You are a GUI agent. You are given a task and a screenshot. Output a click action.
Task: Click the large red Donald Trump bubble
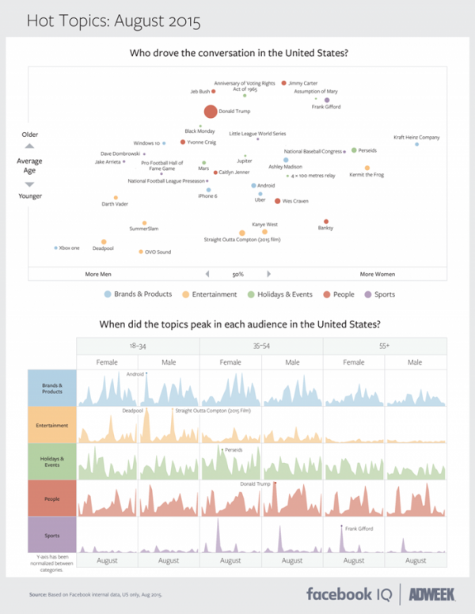210,112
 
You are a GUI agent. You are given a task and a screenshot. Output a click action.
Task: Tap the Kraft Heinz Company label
416,137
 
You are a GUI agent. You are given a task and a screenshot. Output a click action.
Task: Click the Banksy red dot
326,222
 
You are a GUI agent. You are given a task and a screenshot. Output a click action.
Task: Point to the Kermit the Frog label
367,175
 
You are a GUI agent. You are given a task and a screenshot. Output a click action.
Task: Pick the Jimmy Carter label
303,82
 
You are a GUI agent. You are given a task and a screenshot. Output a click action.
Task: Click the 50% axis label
237,274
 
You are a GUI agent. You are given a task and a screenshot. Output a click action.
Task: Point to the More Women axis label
378,274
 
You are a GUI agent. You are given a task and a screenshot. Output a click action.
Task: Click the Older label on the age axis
29,135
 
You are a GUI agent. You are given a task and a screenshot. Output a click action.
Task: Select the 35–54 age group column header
261,346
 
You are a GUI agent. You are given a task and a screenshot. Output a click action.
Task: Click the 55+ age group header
385,346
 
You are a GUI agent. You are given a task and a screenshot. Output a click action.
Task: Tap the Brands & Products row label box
51,388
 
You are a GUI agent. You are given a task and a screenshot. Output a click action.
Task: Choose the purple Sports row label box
51,536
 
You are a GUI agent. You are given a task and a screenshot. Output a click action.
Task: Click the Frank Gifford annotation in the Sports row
360,528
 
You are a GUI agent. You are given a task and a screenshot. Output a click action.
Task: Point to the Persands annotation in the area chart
234,449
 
